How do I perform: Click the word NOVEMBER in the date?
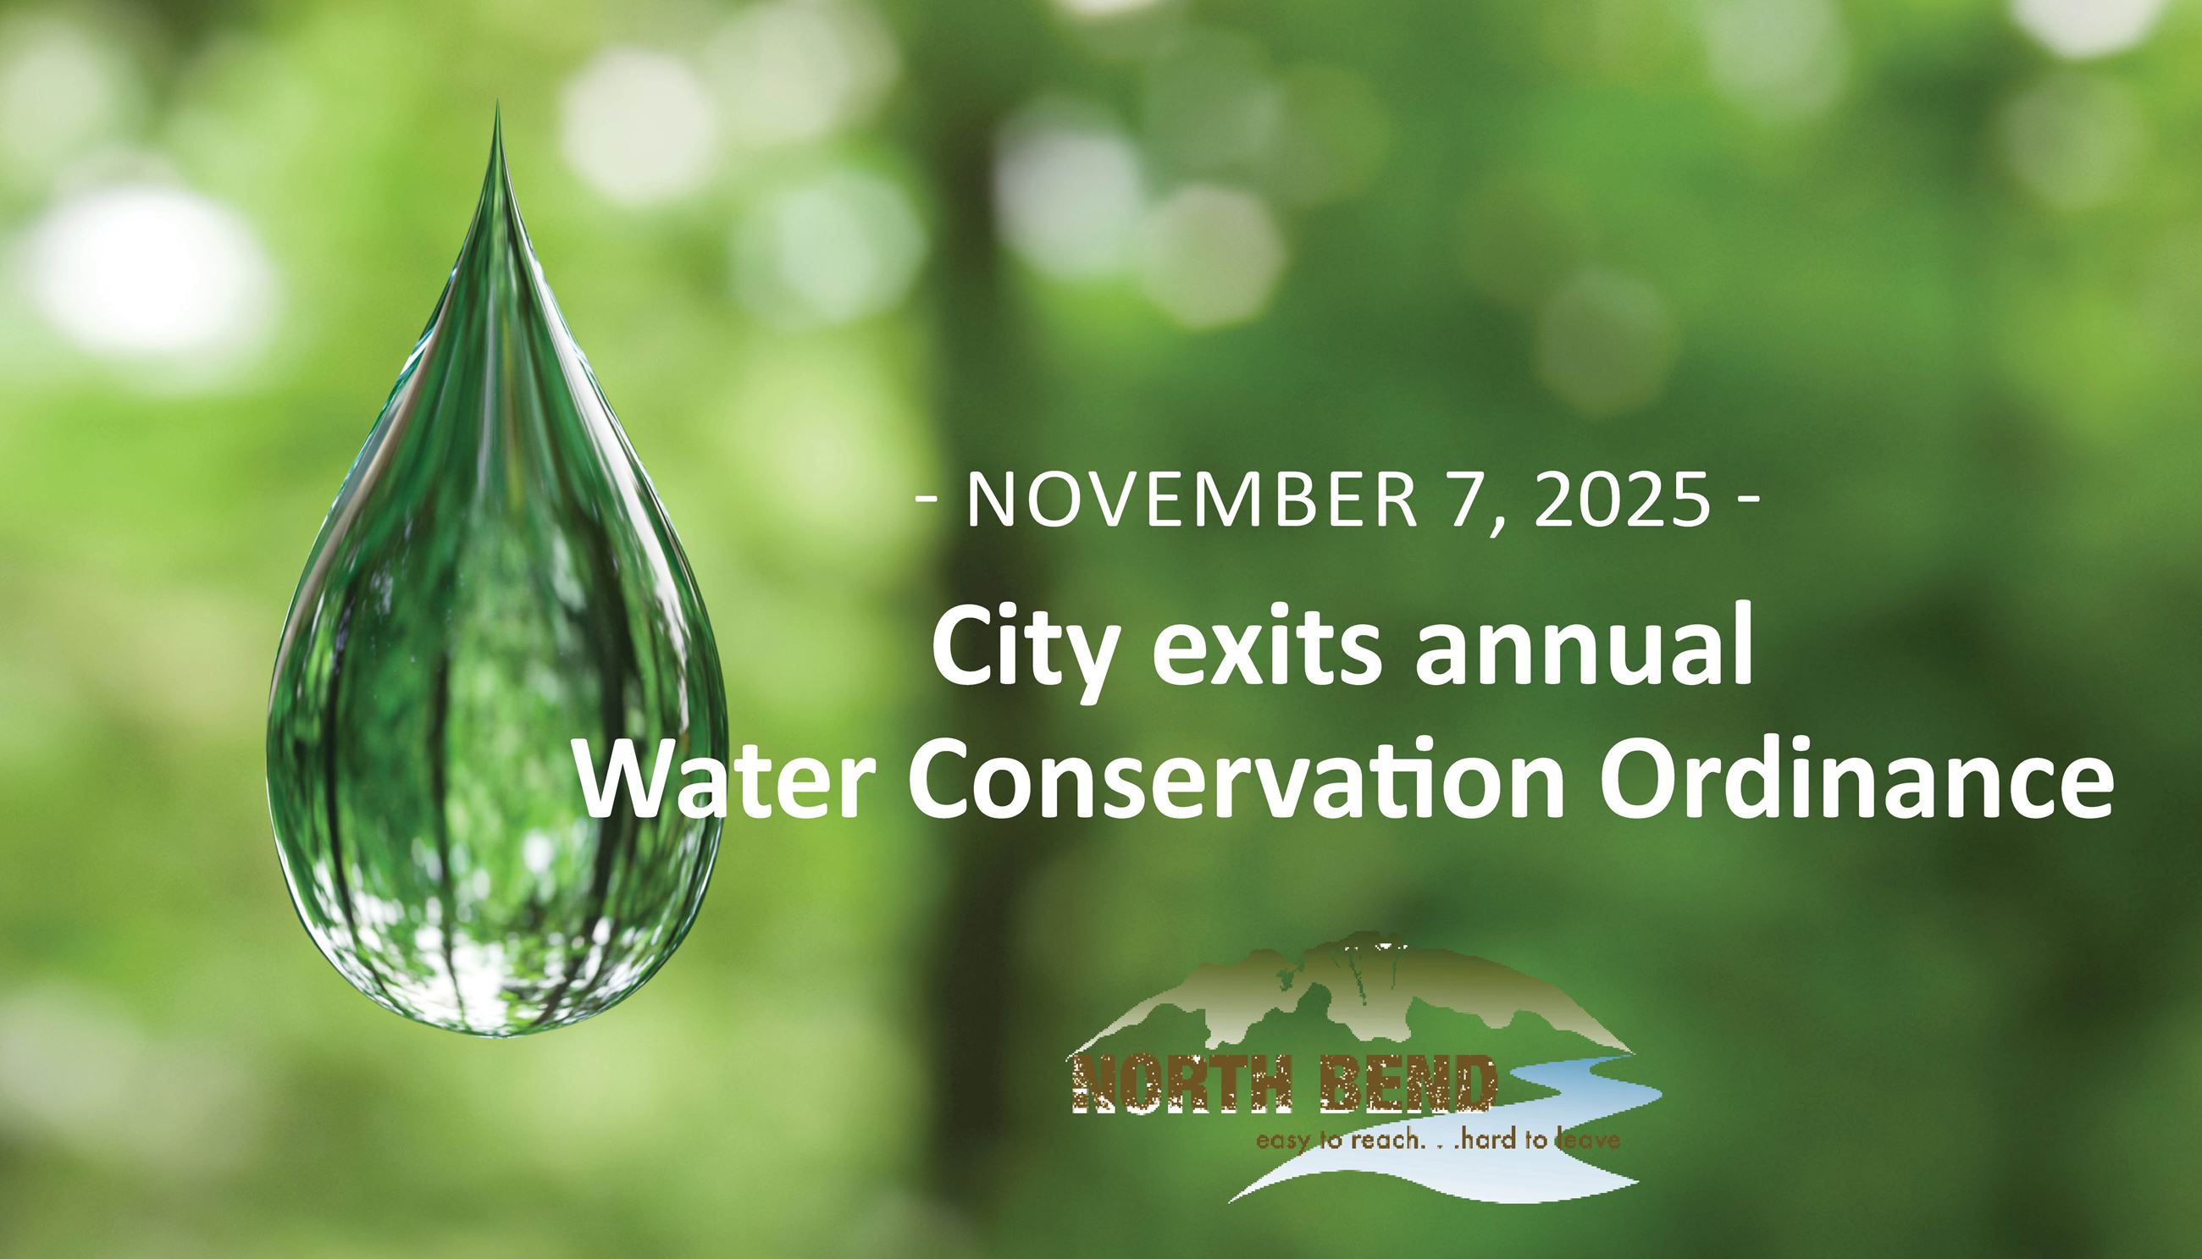1192,500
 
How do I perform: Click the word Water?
733,781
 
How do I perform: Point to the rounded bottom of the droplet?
497,1024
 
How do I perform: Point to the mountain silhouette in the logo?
1349,1003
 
